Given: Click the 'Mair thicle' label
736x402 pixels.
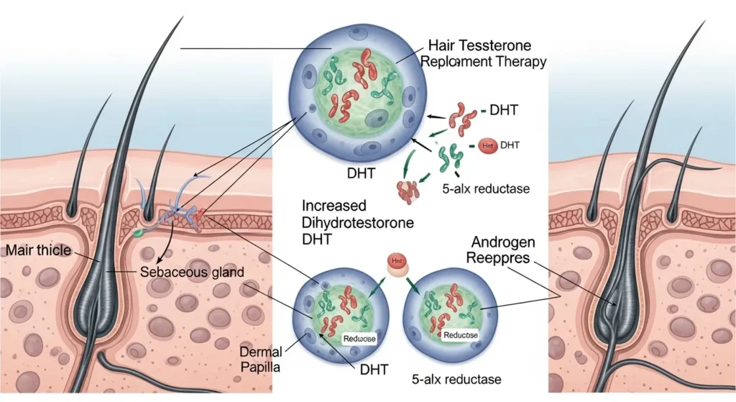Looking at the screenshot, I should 37,251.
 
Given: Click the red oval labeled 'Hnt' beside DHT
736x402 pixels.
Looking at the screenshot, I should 487,146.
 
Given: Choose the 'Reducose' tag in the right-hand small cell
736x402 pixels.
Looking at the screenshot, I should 461,335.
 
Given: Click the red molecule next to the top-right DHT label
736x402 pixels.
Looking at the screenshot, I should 464,115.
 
